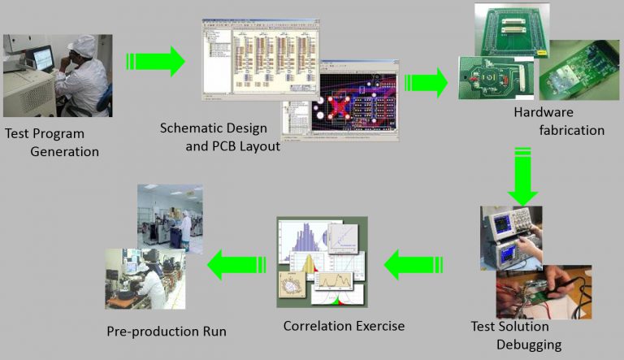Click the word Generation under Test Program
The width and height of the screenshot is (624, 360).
[x=64, y=152]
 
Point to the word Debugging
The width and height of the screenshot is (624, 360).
[x=526, y=345]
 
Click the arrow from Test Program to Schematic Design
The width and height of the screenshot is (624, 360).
[x=155, y=61]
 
